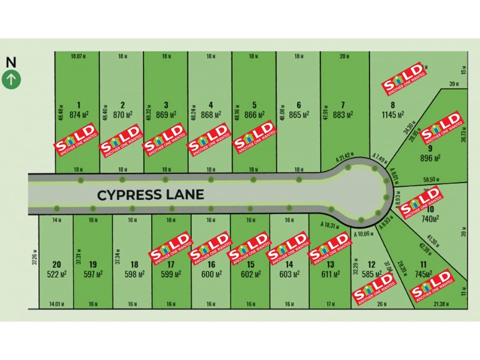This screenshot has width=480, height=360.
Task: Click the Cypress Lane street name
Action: [151, 194]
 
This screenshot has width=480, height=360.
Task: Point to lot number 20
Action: [56, 264]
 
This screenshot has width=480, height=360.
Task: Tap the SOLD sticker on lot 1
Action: [75, 140]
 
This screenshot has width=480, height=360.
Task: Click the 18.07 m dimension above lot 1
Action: [77, 56]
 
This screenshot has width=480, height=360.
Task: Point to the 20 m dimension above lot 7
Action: [344, 56]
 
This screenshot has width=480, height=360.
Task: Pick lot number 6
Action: [298, 103]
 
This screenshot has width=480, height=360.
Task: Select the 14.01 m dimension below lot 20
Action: [56, 305]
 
